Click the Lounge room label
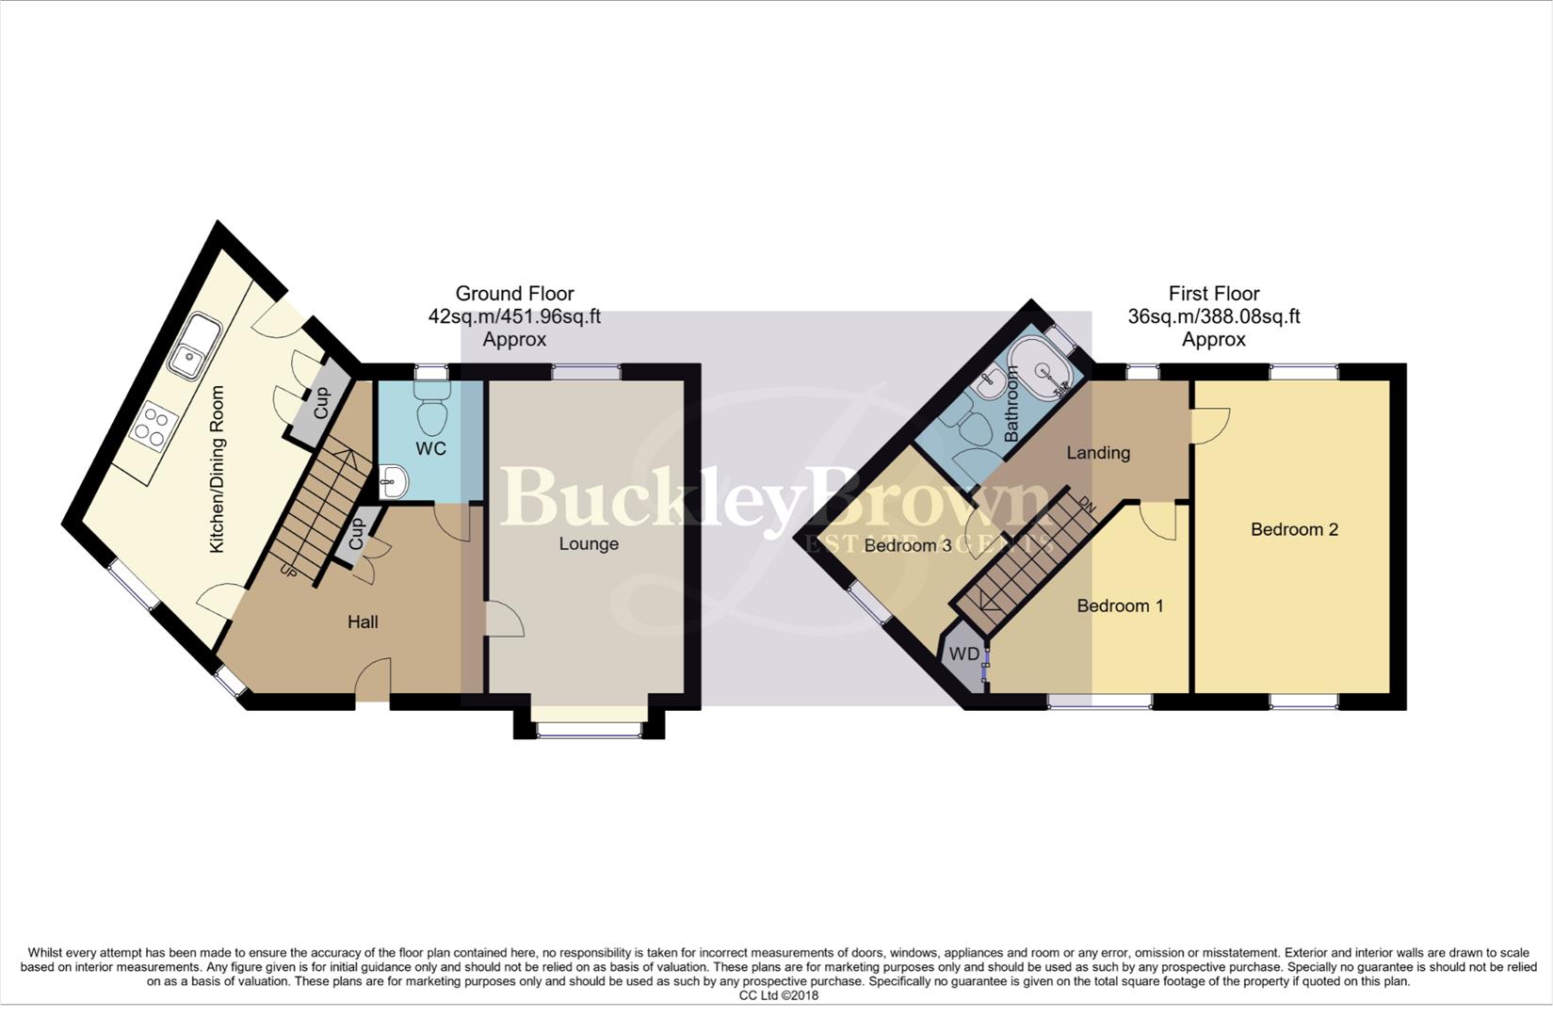(x=589, y=544)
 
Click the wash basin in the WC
(x=394, y=483)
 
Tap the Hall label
(x=363, y=621)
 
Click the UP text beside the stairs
(x=288, y=570)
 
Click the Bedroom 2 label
(x=1294, y=529)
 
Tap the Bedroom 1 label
(x=1120, y=605)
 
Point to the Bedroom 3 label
(x=907, y=545)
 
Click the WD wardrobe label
(x=963, y=654)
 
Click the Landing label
(x=1098, y=453)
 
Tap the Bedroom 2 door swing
(x=1210, y=424)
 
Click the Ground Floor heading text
(x=514, y=294)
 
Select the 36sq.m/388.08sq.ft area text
(x=1213, y=317)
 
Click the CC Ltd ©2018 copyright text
(x=778, y=995)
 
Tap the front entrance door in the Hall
(x=373, y=680)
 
